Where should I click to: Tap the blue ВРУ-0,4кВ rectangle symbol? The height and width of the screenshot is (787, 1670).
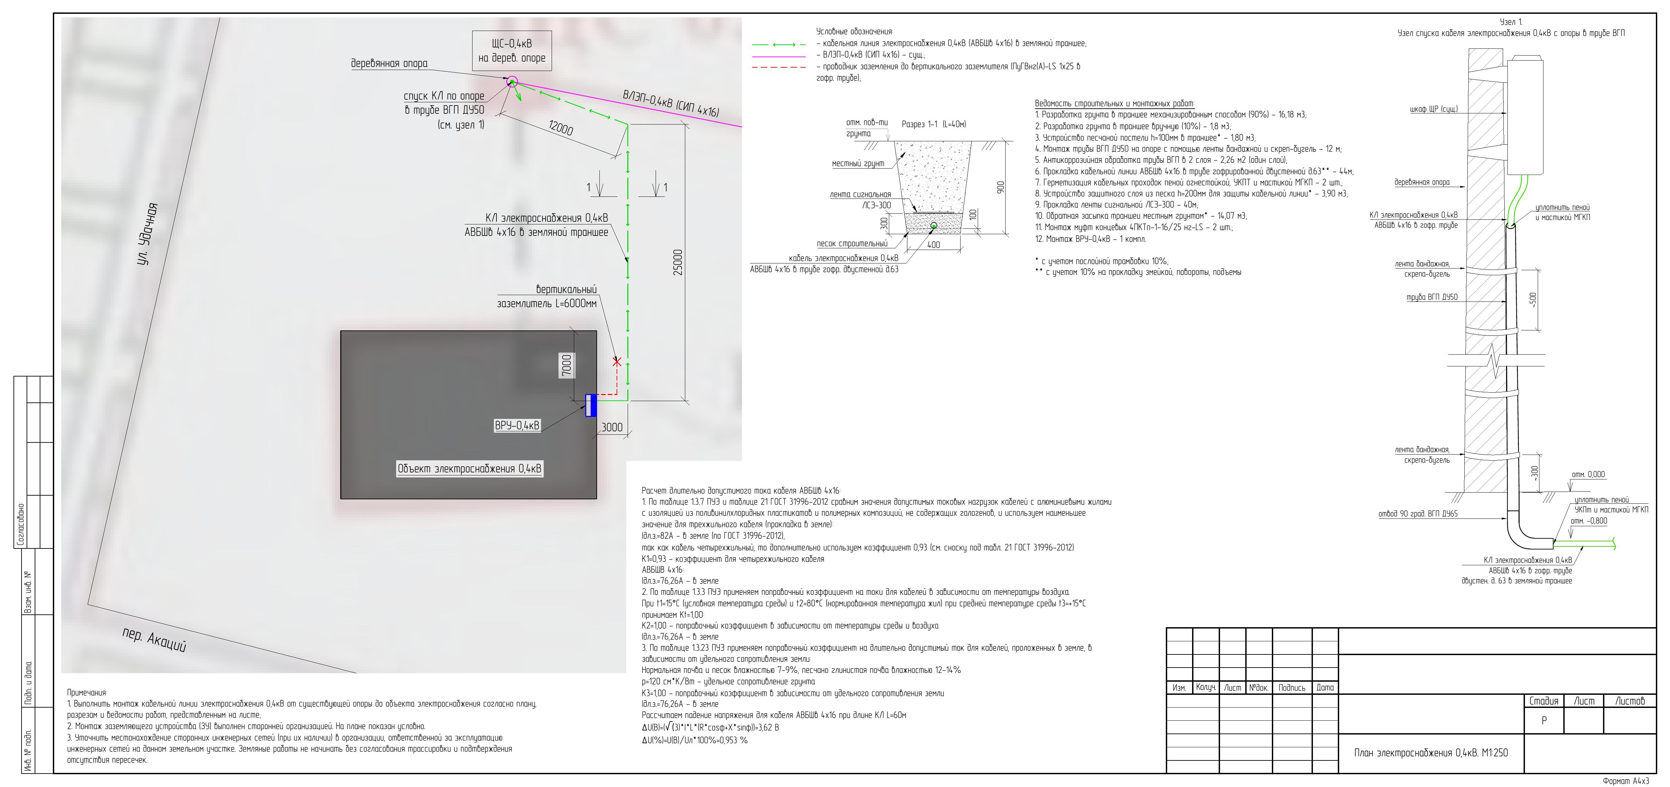591,405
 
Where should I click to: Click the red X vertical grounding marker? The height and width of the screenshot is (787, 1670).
617,362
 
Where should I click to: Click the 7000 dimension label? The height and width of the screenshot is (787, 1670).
567,366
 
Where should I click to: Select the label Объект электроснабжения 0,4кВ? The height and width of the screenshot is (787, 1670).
469,469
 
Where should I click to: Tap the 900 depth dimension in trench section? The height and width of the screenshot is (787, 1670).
1000,187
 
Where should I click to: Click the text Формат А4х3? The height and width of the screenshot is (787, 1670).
1625,781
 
